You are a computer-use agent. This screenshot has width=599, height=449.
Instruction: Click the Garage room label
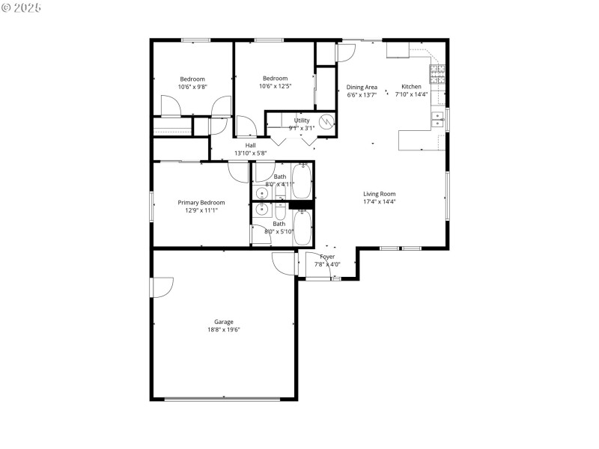coord(224,322)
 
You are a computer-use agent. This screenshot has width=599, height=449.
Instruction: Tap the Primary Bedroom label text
coord(201,202)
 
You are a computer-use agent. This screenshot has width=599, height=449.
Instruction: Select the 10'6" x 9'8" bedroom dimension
coord(192,87)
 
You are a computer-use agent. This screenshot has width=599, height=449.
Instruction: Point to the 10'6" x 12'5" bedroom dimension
coord(275,86)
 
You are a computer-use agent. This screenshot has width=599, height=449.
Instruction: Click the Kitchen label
coord(411,86)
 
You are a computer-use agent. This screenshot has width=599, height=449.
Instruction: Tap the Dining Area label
coord(362,87)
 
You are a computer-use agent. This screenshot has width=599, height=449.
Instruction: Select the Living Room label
coord(379,194)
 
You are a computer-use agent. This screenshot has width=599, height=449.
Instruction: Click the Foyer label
coord(327,257)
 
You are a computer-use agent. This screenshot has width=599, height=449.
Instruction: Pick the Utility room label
coord(302,120)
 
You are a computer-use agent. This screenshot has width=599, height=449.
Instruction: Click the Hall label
coord(251,145)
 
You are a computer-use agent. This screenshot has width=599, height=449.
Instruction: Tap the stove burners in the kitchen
coord(437,73)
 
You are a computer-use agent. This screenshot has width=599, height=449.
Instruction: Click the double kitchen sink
coord(437,117)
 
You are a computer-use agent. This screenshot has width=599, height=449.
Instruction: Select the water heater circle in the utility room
coord(326,121)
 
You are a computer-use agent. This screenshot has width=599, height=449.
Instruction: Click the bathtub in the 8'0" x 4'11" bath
coord(302,179)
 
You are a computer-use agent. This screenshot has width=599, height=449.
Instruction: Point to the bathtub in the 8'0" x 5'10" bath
coord(302,227)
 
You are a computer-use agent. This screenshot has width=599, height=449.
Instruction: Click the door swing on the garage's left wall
coord(162,287)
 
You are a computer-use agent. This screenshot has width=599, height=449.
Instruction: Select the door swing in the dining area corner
coord(345,53)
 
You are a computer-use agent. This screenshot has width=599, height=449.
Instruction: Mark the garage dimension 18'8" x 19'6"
coord(224,329)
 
